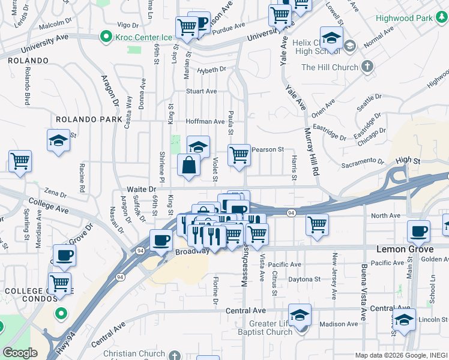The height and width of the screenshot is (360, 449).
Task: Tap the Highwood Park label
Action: tap(404, 18)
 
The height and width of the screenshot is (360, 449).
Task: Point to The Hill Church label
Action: tap(330, 67)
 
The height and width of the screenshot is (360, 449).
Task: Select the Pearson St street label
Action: tap(268, 149)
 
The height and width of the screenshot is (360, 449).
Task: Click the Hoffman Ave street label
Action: tap(205, 121)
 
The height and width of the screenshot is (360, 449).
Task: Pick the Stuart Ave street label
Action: tap(201, 91)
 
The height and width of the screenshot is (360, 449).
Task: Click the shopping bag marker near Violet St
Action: tap(188, 165)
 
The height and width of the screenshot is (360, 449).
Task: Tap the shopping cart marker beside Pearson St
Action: tap(239, 155)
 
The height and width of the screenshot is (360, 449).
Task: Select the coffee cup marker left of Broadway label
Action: tap(160, 240)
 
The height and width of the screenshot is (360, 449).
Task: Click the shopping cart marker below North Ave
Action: tap(317, 225)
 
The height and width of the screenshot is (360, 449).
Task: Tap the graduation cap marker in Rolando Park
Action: tap(58, 140)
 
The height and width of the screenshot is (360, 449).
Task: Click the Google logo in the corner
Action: tap(20, 353)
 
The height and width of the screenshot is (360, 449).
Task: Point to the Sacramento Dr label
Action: tap(363, 161)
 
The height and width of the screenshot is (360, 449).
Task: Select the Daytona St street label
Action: tap(303, 279)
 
